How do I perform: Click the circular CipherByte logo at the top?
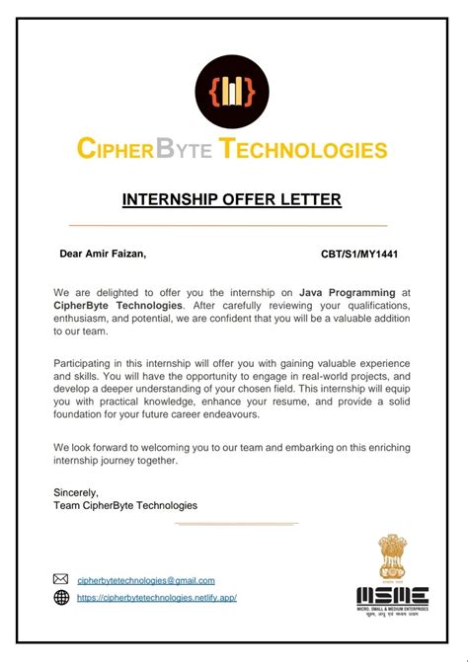[x=232, y=92]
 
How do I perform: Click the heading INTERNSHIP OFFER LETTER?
[x=232, y=200]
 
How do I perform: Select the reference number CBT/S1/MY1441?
[x=359, y=254]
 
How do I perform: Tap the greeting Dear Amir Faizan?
[x=103, y=254]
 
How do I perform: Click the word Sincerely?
[x=77, y=491]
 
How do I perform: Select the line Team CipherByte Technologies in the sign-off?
[x=125, y=505]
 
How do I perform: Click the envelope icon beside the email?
[x=61, y=580]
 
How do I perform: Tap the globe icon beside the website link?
[x=61, y=598]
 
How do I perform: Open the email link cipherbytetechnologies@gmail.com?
[x=145, y=580]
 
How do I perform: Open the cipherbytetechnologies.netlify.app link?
[x=157, y=598]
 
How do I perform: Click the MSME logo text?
[x=392, y=596]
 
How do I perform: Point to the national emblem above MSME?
[x=392, y=558]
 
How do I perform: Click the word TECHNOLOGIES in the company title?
[x=303, y=150]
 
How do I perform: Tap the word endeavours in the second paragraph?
[x=231, y=414]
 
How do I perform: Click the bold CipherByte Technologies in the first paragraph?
[x=117, y=306]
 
